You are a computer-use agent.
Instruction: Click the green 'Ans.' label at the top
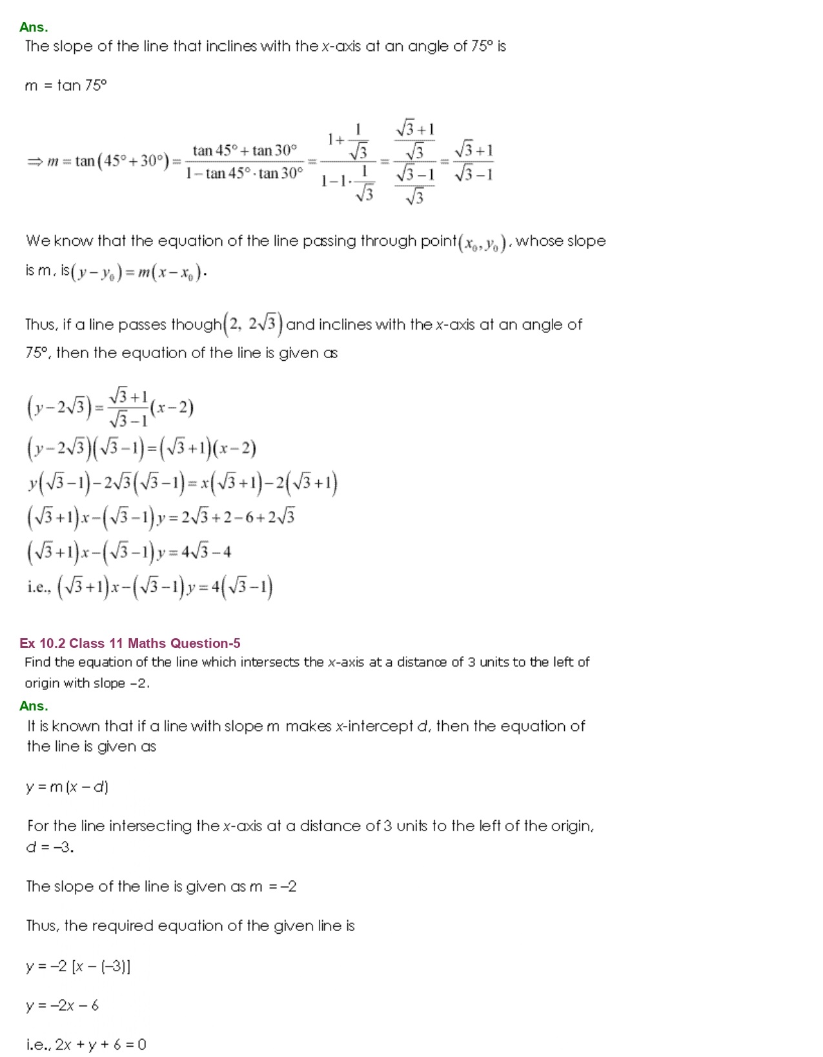[34, 27]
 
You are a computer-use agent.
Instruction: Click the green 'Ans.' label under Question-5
[34, 706]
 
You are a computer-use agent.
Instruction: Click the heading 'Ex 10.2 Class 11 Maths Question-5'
[130, 643]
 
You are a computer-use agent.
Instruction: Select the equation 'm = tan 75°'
[65, 85]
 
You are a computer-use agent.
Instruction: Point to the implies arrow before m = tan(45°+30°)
[34, 161]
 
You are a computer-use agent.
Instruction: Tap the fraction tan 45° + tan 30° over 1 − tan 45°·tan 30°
[244, 162]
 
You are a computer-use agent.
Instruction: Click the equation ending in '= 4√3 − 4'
[128, 552]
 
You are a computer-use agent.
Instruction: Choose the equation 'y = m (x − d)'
[67, 787]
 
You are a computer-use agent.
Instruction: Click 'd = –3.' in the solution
[50, 847]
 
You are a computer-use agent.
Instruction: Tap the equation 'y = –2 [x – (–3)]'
[78, 966]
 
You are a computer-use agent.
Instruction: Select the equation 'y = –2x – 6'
[63, 1005]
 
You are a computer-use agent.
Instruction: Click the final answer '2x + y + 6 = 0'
[101, 1045]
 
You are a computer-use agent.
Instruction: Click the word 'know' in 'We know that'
[73, 241]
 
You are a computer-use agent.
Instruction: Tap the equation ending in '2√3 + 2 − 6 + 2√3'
[161, 518]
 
